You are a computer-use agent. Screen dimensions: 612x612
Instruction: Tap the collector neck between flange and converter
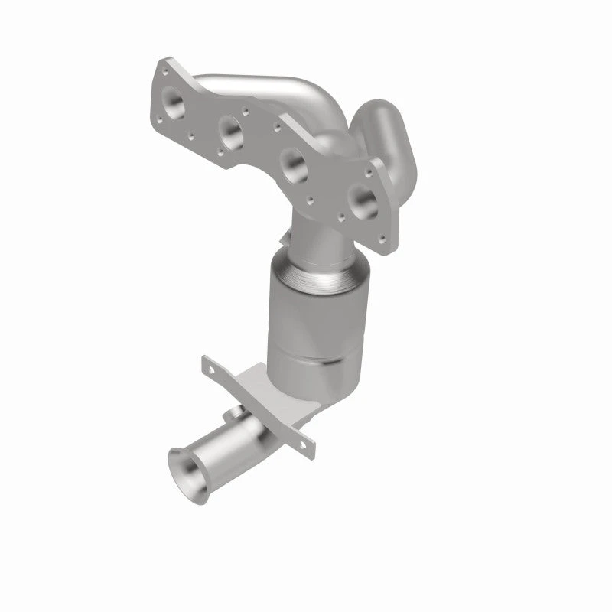tap(317, 233)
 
